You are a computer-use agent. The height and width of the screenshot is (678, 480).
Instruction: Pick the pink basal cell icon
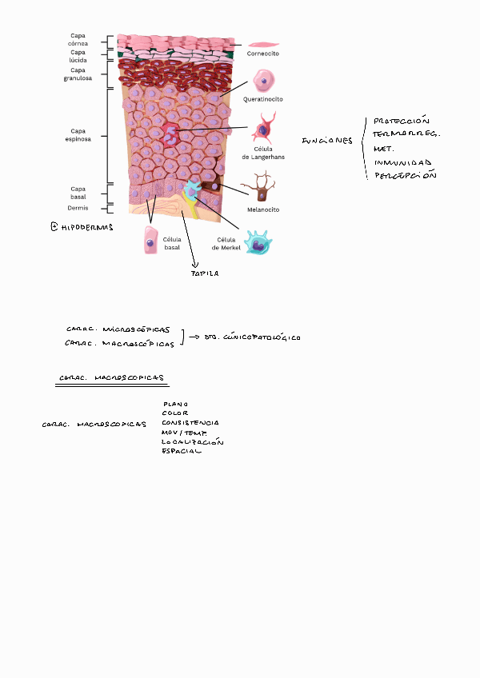click(150, 241)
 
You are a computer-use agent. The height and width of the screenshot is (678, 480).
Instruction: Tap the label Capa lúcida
click(78, 57)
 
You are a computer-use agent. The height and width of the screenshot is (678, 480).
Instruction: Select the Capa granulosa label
click(78, 74)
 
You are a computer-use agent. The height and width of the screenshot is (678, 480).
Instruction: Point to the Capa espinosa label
click(78, 134)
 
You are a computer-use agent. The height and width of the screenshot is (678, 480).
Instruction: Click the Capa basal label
click(78, 193)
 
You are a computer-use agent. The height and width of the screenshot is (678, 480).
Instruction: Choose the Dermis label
click(78, 207)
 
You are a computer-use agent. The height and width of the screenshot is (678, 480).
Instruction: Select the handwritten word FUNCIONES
click(326, 142)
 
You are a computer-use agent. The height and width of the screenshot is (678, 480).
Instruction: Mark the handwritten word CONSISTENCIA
click(190, 422)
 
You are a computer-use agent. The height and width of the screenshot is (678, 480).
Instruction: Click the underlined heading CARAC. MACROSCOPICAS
click(111, 378)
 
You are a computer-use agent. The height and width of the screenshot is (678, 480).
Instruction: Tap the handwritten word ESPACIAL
click(182, 451)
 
